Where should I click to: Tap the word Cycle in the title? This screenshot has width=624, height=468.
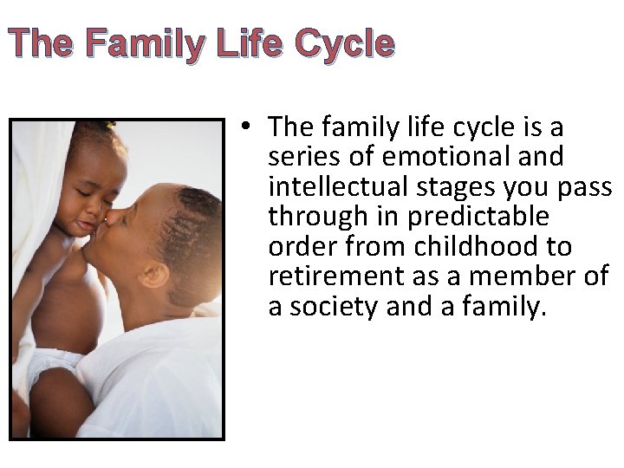pyautogui.click(x=344, y=43)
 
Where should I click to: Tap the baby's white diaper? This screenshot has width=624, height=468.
pyautogui.click(x=52, y=364)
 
